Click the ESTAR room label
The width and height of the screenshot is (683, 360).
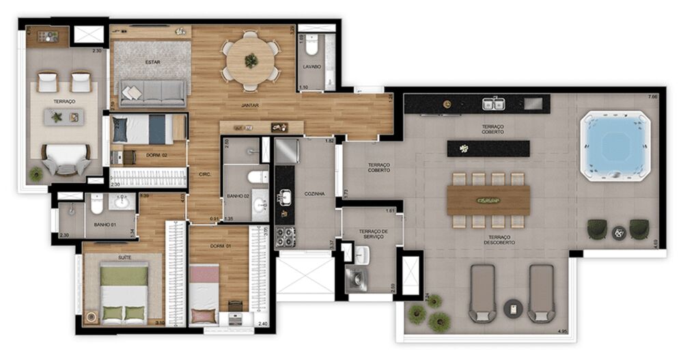click(152, 62)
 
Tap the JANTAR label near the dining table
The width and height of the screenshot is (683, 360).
click(249, 105)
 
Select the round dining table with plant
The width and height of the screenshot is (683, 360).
click(251, 61)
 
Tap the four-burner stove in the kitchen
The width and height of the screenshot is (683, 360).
click(285, 236)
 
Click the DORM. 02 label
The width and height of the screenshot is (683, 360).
click(157, 155)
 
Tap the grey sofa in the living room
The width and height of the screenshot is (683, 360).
click(152, 93)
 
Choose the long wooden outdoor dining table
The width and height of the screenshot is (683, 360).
click(488, 200)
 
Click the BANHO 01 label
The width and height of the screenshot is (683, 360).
click(104, 224)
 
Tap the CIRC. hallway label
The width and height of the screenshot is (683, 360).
click(204, 174)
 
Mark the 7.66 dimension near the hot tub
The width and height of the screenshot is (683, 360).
click(652, 97)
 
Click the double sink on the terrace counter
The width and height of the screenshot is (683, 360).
click(494, 104)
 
